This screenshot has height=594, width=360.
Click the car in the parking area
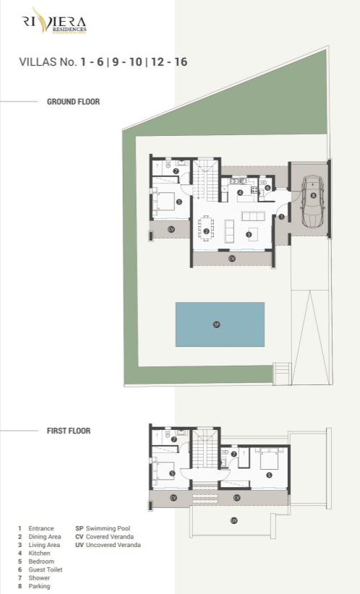coord(312,202)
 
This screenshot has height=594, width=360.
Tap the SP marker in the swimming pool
coord(216,324)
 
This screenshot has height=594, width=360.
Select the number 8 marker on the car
coord(313,195)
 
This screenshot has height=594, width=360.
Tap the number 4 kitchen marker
coord(240,192)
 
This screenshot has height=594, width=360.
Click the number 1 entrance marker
coord(282,217)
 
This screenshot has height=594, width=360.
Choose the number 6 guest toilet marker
coord(267,188)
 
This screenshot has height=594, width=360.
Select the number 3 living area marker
coord(248,233)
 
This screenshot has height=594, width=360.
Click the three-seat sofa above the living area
coord(253,215)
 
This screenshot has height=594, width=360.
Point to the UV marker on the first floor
coord(233,520)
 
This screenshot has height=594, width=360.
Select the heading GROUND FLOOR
coord(73,102)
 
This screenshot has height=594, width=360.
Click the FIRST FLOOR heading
coord(69,431)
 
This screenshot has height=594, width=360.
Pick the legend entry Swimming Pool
coord(106,529)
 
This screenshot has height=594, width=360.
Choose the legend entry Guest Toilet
coord(45,569)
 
